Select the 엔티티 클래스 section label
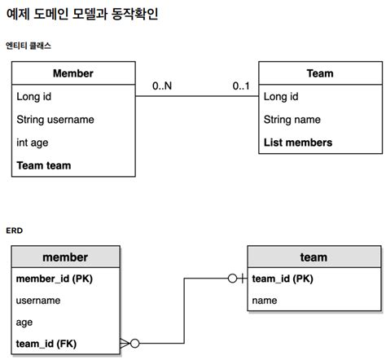(x=29, y=46)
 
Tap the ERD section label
(x=15, y=230)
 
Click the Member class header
(x=73, y=73)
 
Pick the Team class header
(x=319, y=73)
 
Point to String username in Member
(x=55, y=120)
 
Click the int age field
(x=33, y=143)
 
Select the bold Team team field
(x=43, y=165)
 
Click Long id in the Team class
(x=280, y=97)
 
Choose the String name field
(x=291, y=120)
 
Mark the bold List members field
(x=297, y=143)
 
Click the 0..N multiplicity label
(x=162, y=85)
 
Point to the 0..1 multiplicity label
(x=241, y=85)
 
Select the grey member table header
(x=65, y=257)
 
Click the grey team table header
(x=314, y=257)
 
